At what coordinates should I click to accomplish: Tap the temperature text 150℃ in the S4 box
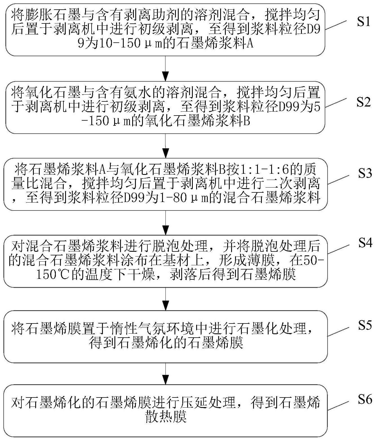(x=54, y=274)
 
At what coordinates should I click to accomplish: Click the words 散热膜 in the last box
(x=166, y=417)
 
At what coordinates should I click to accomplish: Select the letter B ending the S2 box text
(x=246, y=121)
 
